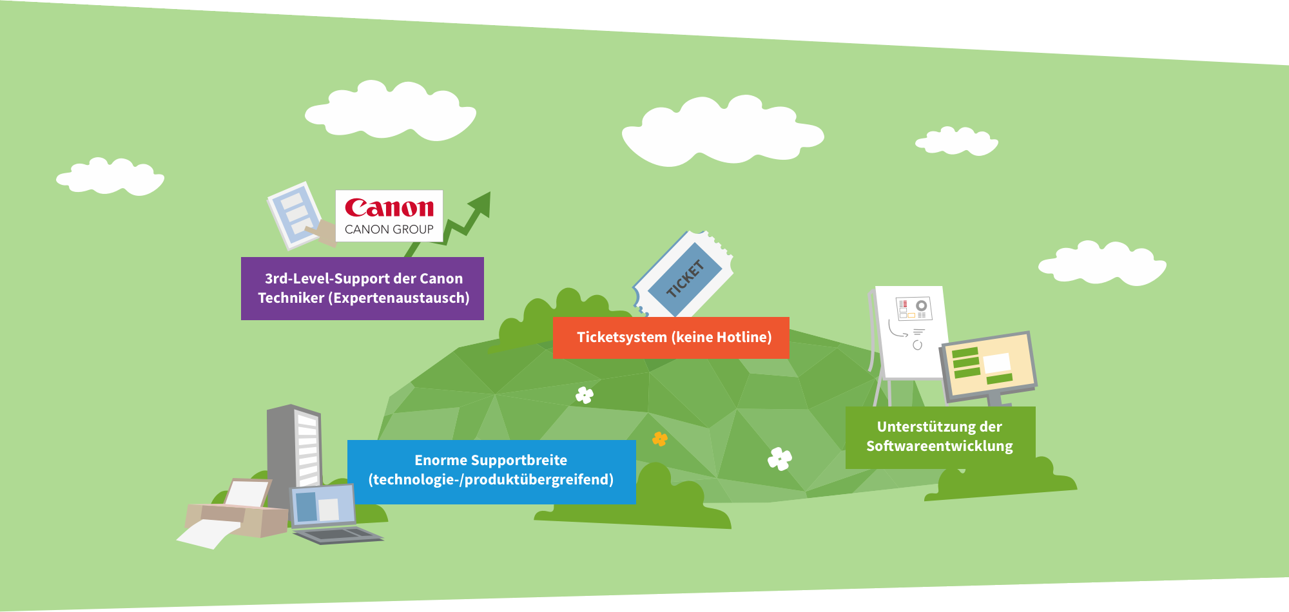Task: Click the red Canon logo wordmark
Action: pos(389,207)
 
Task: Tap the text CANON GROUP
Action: pos(389,229)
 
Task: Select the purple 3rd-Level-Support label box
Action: pos(362,289)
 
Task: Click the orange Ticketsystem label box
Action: pos(671,338)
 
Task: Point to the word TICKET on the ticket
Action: pos(684,279)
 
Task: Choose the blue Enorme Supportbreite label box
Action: pos(492,472)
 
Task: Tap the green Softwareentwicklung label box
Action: pos(940,437)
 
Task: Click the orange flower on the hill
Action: pos(660,439)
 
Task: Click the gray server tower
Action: pos(294,454)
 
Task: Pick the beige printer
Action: pos(236,512)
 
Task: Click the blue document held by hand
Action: pos(295,215)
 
